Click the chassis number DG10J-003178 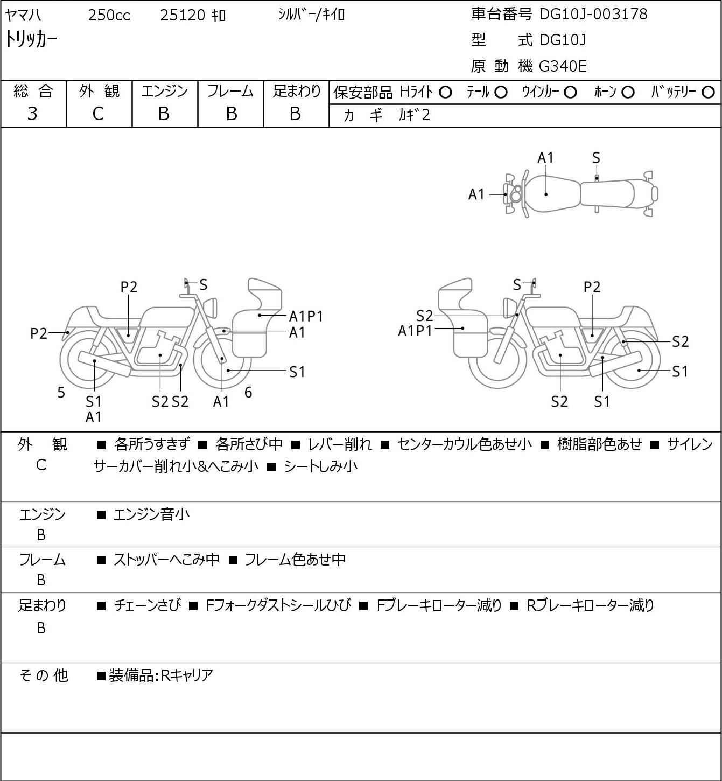point(593,14)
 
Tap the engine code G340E point(562,66)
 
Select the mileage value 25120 point(183,15)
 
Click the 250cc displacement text point(109,15)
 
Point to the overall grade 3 point(32,114)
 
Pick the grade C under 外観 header point(98,114)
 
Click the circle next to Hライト point(445,93)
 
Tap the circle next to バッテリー point(708,93)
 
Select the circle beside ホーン point(628,93)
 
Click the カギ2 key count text point(415,115)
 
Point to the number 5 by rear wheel point(61,392)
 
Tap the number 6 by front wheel point(248,392)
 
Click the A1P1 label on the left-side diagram point(306,316)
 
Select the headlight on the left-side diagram point(210,308)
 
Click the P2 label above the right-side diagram point(592,287)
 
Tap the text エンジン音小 point(151,514)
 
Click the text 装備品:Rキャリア point(161,675)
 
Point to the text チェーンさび point(148,605)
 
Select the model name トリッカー point(31,40)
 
